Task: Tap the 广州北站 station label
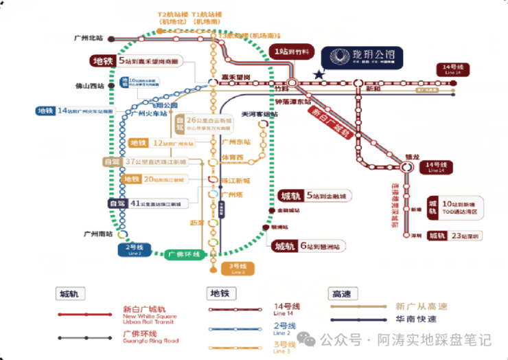pyautogui.click(x=87, y=38)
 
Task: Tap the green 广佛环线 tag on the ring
pyautogui.click(x=184, y=254)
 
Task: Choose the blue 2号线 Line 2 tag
pyautogui.click(x=134, y=249)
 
